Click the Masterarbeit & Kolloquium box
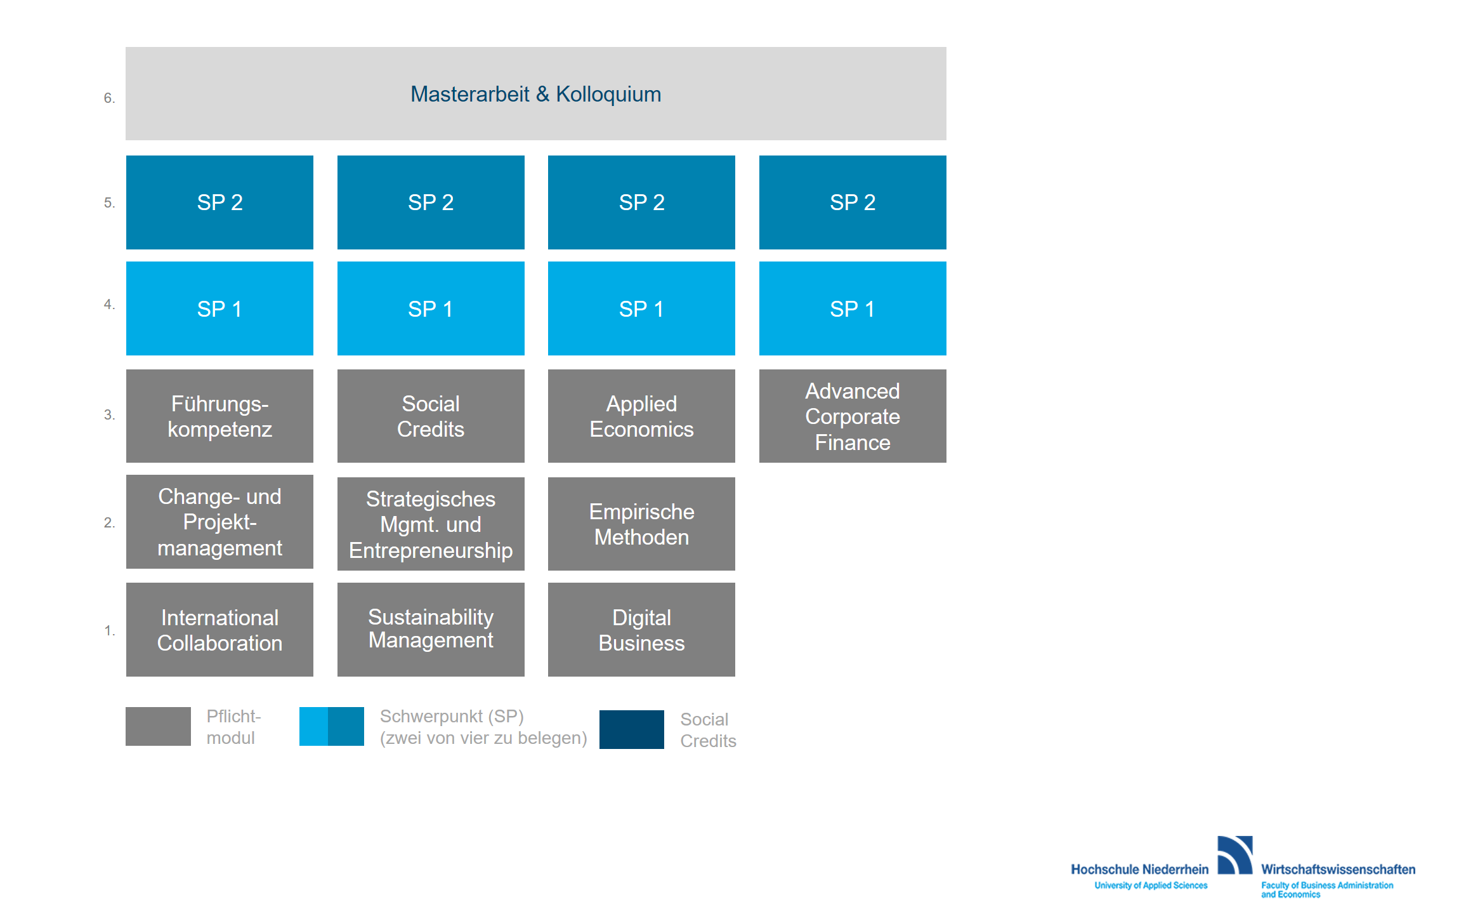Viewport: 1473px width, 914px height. [x=536, y=93]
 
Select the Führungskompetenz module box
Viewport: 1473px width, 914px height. [x=219, y=416]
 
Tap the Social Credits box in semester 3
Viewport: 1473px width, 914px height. [x=431, y=416]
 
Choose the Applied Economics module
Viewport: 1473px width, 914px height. [x=641, y=416]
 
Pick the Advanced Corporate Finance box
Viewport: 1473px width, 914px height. [x=853, y=416]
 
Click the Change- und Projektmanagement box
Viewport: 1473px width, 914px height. [x=219, y=522]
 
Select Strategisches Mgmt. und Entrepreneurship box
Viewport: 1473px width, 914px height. [x=431, y=524]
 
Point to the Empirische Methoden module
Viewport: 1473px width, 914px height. [x=641, y=524]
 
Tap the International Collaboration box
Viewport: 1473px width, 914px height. [x=219, y=630]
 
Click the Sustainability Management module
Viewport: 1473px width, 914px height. [x=431, y=630]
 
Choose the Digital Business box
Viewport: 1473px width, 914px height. [x=641, y=630]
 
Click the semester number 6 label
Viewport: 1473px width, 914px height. [x=109, y=98]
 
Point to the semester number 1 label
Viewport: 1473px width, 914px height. [x=109, y=630]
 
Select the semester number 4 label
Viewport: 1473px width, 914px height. [x=109, y=304]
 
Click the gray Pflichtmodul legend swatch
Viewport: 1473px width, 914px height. [x=158, y=726]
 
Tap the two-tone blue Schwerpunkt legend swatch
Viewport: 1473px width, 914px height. [x=332, y=726]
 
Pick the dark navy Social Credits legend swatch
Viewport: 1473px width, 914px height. [x=632, y=729]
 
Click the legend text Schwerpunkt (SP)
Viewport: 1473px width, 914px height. [x=452, y=716]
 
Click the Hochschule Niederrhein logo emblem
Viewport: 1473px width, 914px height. [x=1235, y=855]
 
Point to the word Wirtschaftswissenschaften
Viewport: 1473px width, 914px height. [x=1338, y=870]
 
